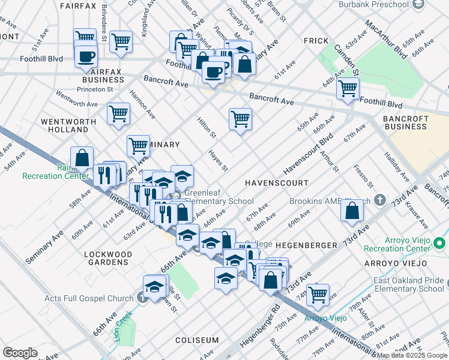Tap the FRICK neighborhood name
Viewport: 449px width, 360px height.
(x=315, y=41)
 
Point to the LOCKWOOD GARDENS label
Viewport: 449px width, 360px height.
(x=108, y=259)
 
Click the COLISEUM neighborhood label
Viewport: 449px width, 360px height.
(x=197, y=340)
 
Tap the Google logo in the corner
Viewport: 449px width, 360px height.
(x=20, y=353)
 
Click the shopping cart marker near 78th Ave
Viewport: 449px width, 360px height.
(x=318, y=295)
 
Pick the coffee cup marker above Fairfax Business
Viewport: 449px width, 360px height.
(x=86, y=56)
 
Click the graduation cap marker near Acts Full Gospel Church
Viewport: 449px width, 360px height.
(x=155, y=286)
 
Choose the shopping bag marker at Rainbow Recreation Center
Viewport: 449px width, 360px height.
(x=82, y=158)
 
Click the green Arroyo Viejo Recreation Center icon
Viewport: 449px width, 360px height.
(x=440, y=243)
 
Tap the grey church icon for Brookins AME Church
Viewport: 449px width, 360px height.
(x=379, y=199)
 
